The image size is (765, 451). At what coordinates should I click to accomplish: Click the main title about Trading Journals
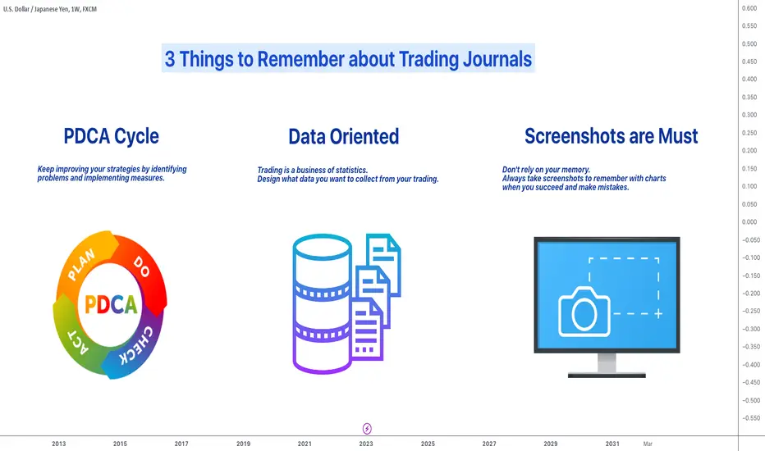348,59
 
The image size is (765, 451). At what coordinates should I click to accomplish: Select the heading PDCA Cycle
112,136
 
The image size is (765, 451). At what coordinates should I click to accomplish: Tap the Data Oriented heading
343,136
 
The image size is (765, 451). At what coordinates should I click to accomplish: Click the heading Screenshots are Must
611,136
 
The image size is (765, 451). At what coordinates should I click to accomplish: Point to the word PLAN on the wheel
81,265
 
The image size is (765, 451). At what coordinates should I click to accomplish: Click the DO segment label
141,266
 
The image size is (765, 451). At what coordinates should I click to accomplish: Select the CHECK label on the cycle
136,345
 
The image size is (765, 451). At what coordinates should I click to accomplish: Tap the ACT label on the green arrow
78,342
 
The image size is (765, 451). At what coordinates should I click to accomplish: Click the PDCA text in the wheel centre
112,305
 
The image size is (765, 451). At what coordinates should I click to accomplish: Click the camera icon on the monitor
584,312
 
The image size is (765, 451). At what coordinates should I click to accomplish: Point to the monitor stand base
607,375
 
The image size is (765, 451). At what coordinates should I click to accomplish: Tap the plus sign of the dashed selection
658,313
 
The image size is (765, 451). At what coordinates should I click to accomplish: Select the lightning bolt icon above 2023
367,429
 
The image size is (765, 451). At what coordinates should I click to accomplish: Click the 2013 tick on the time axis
58,444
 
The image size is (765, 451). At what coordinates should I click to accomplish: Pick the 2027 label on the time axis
489,444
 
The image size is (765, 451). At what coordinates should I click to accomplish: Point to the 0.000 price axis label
749,222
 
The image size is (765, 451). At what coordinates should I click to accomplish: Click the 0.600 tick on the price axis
749,8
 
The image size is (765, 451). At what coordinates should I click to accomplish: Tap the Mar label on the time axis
648,444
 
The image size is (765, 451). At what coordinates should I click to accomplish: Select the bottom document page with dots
367,330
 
